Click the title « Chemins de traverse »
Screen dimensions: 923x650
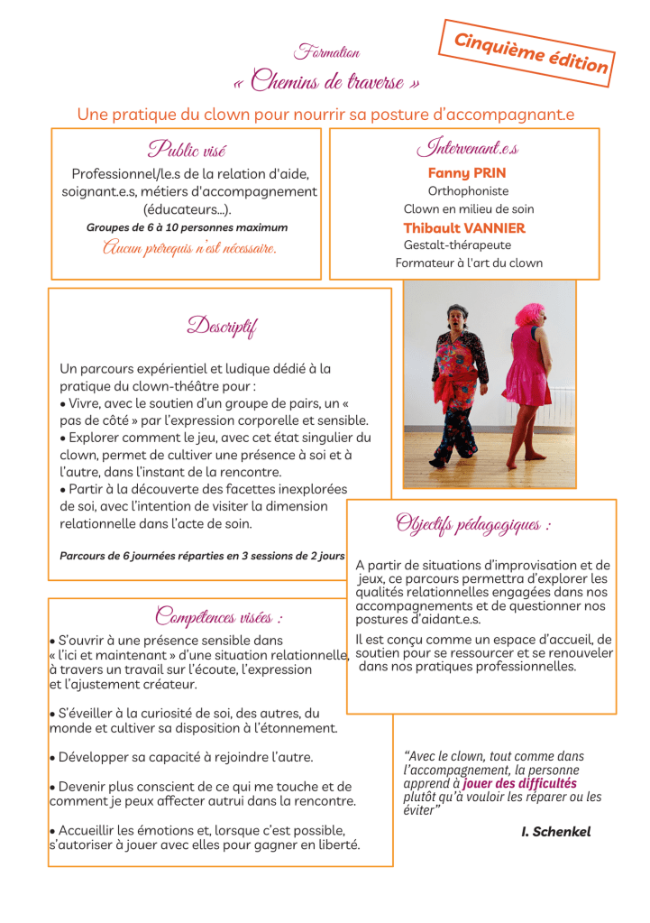pyautogui.click(x=325, y=84)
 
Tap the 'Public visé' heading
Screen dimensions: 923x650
pyautogui.click(x=187, y=149)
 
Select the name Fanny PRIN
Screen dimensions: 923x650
pyautogui.click(x=466, y=172)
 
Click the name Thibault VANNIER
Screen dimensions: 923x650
pyautogui.click(x=463, y=228)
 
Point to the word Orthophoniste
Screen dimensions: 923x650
pyautogui.click(x=468, y=191)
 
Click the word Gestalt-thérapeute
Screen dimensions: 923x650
pyautogui.click(x=457, y=245)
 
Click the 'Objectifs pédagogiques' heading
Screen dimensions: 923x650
pyautogui.click(x=473, y=524)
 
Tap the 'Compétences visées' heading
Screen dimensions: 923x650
pyautogui.click(x=219, y=618)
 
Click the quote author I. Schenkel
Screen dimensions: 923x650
pyautogui.click(x=555, y=832)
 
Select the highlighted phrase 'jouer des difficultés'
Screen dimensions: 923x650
pyautogui.click(x=519, y=784)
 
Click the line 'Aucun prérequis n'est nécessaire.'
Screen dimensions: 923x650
pyautogui.click(x=188, y=247)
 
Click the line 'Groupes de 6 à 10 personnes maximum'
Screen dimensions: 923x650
pyautogui.click(x=187, y=227)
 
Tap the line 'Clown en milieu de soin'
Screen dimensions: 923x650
pyautogui.click(x=468, y=209)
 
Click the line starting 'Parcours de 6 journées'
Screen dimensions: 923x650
pyautogui.click(x=202, y=556)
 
